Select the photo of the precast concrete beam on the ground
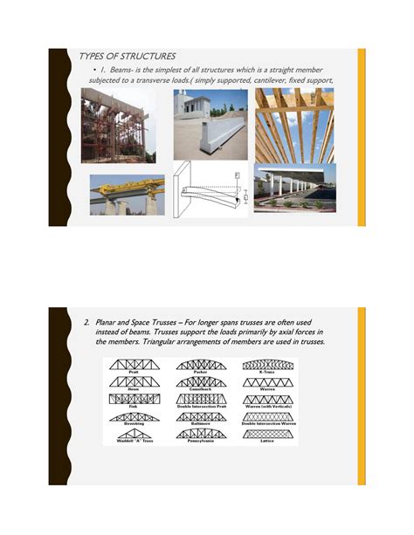pos(210,124)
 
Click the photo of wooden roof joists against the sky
pos(294,125)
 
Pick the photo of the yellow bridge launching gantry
pos(127,195)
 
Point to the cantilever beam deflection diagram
pos(210,189)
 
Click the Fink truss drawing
pos(134,399)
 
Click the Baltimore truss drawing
pos(201,416)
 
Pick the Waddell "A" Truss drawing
pos(134,434)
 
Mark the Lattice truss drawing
pos(269,434)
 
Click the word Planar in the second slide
pos(110,323)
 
